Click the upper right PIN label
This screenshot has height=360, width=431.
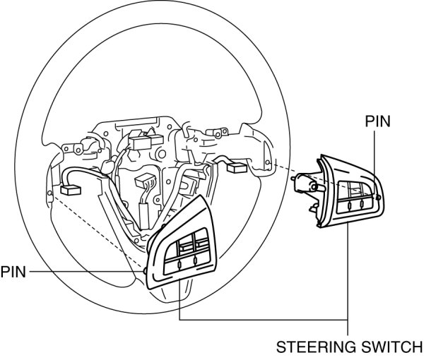coord(378,121)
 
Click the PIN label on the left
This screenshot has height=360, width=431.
coord(13,270)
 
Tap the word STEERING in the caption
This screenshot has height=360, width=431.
coord(309,347)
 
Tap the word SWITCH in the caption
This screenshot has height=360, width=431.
coord(387,347)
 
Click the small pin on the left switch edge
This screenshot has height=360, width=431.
coord(146,270)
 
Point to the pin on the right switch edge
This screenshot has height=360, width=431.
coord(380,197)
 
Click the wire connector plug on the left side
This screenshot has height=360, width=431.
coord(70,189)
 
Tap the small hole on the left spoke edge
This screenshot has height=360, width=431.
coord(49,192)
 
